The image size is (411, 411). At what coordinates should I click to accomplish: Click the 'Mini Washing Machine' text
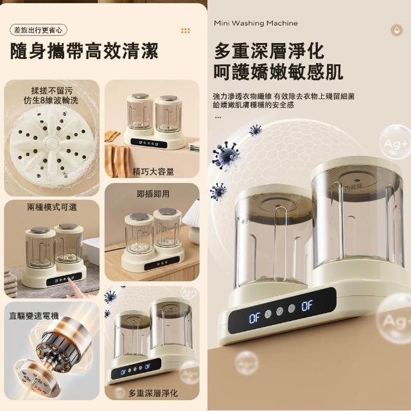256,23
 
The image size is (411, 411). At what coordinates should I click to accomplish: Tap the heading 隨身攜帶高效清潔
84,51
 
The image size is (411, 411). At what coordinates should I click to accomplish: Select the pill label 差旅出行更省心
39,30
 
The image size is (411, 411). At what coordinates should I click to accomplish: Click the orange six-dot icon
186,31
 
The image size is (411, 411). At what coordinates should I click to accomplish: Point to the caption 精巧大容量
153,171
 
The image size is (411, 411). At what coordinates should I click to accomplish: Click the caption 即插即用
153,194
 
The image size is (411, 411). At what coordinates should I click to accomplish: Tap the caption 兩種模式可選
52,207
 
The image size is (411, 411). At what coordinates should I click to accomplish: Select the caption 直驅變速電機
34,316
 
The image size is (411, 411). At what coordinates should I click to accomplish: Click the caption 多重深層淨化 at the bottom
153,393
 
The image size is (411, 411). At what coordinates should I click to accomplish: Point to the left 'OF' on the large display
254,319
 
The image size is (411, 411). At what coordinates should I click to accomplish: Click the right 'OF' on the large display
307,306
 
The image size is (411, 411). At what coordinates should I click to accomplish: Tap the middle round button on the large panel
280,311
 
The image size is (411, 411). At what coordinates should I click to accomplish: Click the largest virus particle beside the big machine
226,155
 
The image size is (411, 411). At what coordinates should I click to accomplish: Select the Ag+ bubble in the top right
396,143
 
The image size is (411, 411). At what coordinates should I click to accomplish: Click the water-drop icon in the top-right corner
397,30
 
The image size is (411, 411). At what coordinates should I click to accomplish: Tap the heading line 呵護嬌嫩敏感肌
278,71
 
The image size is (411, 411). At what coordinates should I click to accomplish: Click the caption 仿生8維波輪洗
51,100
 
